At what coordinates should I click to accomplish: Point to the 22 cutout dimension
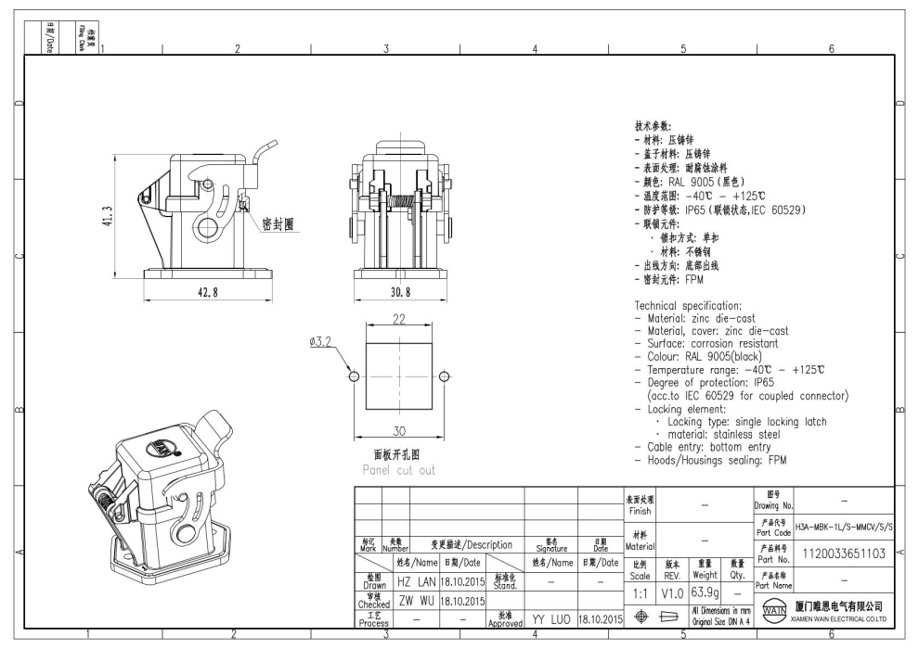(399, 320)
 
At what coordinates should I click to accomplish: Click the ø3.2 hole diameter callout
(321, 342)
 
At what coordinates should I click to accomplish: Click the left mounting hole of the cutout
(354, 376)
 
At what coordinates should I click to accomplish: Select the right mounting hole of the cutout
(445, 376)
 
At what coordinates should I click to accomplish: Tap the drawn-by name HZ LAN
(416, 580)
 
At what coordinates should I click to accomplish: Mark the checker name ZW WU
(416, 600)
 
